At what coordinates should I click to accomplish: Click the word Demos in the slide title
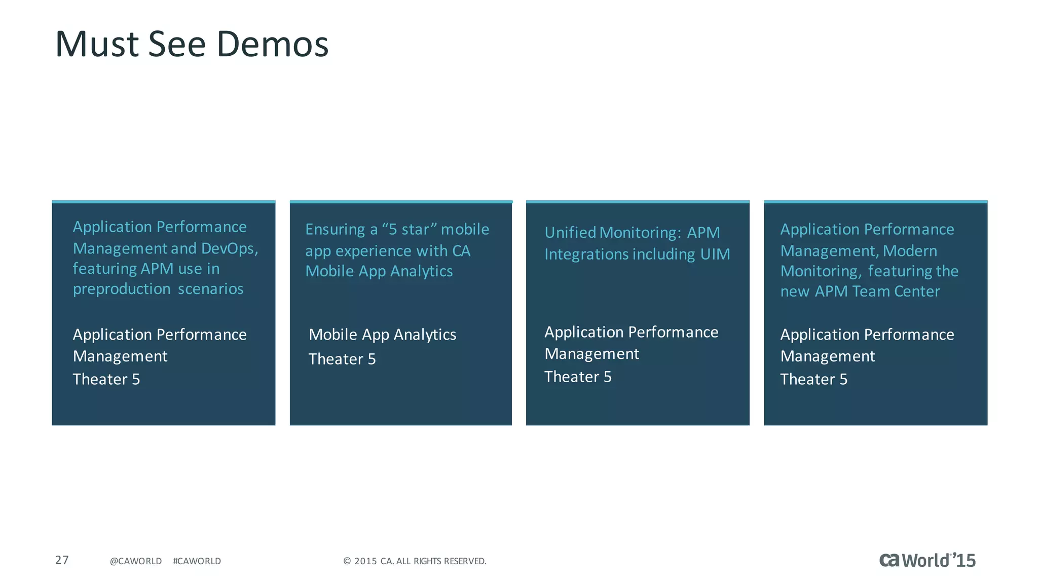tap(273, 44)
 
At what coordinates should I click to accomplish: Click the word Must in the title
tap(97, 44)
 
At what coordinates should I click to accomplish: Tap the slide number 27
tap(62, 560)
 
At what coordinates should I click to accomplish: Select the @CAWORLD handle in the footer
tap(136, 561)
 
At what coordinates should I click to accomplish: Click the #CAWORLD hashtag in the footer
tap(197, 561)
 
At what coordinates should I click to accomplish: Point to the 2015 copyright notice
tap(415, 561)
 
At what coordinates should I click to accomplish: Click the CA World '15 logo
tap(927, 560)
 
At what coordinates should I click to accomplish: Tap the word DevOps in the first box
tap(229, 248)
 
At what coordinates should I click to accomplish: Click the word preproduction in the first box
tap(122, 289)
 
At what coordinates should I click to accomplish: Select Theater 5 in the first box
tap(106, 379)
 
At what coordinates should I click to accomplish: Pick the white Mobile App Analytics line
tap(382, 335)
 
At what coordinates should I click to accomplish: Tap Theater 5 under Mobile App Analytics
tap(342, 359)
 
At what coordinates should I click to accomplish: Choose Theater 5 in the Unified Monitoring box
tap(578, 377)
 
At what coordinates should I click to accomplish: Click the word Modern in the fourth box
tap(910, 251)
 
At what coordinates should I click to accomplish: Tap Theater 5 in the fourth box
tap(813, 379)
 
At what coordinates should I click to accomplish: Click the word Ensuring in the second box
tap(335, 230)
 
